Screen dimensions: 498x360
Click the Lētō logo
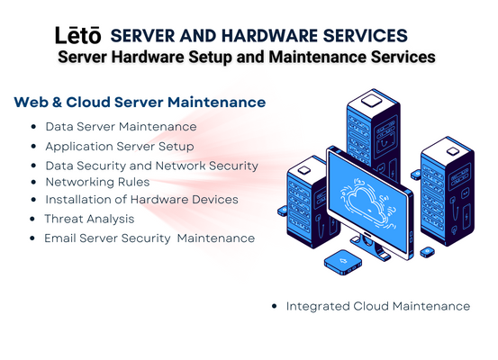click(78, 35)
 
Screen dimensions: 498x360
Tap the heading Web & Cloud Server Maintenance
click(140, 103)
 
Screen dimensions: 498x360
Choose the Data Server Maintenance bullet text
click(121, 127)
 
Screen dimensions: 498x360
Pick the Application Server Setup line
click(120, 147)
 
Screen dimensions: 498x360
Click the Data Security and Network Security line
click(152, 166)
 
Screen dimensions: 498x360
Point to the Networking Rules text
click(97, 182)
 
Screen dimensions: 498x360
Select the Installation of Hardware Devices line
click(141, 200)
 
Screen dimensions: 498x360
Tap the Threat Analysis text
click(89, 219)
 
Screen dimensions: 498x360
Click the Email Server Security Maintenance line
click(149, 238)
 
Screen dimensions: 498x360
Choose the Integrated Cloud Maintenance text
click(378, 306)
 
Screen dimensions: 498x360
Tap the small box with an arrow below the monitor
click(343, 262)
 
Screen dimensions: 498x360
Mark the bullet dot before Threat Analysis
click(32, 219)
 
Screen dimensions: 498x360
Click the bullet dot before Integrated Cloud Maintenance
click(275, 306)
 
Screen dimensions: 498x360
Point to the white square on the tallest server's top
click(371, 101)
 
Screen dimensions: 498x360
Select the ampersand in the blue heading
click(57, 103)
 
